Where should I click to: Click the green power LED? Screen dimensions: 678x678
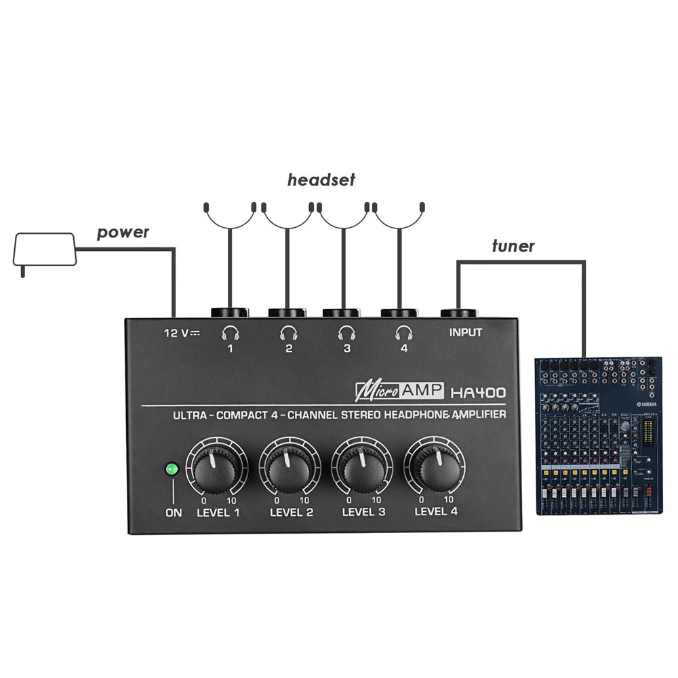(x=172, y=468)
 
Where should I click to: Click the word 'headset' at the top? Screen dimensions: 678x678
(x=321, y=180)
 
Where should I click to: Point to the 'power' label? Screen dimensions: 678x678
(x=123, y=233)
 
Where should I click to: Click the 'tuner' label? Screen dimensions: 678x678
(x=513, y=246)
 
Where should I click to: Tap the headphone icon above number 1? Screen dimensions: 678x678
(x=231, y=332)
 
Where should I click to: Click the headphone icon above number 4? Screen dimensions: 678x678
(x=404, y=332)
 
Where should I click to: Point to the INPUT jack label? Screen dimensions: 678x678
(x=466, y=332)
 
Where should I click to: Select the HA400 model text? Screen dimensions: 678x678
(x=477, y=391)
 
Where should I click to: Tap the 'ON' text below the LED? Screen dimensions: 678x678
(x=174, y=513)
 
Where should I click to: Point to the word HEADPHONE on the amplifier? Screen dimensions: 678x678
(x=416, y=414)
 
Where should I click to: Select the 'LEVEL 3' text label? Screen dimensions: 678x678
(x=363, y=512)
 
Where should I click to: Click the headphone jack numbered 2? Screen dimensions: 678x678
(x=287, y=313)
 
